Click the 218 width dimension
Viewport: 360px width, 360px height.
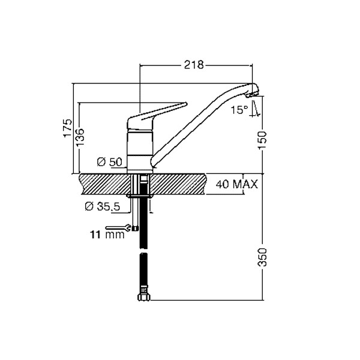click(x=194, y=65)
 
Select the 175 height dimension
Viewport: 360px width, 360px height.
click(x=68, y=128)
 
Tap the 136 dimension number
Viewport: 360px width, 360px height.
click(x=80, y=137)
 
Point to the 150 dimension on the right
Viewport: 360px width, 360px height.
click(x=262, y=140)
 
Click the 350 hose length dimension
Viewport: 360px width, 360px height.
click(x=262, y=257)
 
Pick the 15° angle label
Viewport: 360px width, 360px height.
click(x=239, y=110)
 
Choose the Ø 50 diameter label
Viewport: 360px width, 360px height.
click(x=110, y=162)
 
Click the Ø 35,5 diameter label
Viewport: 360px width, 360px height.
click(x=103, y=206)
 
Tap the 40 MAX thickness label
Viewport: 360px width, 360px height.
click(x=237, y=184)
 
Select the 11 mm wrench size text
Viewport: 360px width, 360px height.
click(x=107, y=235)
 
